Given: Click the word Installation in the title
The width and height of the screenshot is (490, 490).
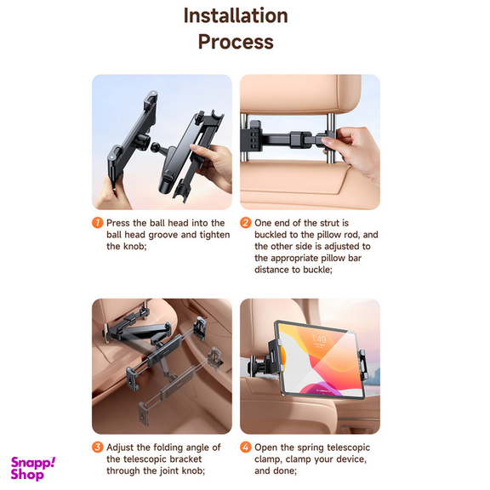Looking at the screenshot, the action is tap(236, 15).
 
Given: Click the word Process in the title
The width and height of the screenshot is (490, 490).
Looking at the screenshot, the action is tap(236, 42).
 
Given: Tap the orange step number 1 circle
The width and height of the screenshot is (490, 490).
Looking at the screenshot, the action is tap(98, 223).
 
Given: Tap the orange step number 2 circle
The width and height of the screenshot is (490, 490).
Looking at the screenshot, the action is tap(246, 223).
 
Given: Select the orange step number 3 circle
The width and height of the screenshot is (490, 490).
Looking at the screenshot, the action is tap(98, 447).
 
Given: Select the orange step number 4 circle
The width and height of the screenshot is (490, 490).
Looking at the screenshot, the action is tap(246, 447).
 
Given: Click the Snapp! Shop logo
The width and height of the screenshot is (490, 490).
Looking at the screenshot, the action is tap(33, 469).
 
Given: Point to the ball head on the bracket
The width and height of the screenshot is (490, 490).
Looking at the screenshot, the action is tap(155, 147).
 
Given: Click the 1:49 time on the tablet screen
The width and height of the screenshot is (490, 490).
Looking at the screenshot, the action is tap(319, 339).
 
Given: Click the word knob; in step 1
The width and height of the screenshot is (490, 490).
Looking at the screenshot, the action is tap(136, 246).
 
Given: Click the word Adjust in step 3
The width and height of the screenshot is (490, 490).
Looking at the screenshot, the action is tap(120, 447).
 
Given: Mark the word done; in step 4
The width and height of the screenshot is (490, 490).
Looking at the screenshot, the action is tap(284, 470).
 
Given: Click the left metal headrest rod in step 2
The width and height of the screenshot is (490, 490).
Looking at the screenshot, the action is tap(244, 138).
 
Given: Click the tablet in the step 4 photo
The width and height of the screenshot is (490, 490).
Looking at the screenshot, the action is tap(322, 359).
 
